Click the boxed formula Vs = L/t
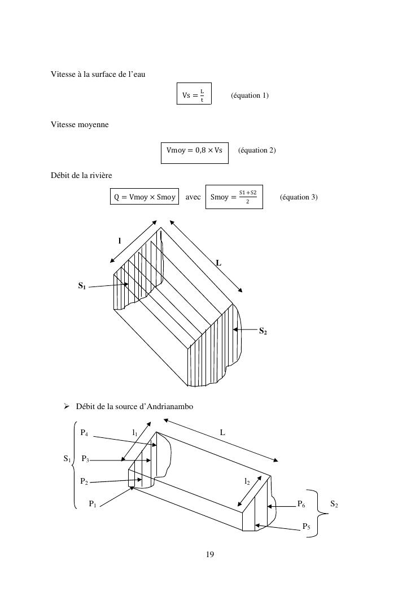point(194,93)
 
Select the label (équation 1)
point(250,95)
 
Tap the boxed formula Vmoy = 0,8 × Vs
point(194,153)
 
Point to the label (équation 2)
point(257,150)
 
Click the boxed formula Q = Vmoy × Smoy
point(145,197)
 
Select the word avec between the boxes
point(193,197)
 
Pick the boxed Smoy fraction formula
point(234,197)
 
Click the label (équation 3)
point(299,197)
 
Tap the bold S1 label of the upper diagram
point(82,286)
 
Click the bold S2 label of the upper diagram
point(263,331)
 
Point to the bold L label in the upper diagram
point(218,263)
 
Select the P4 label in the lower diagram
point(84,433)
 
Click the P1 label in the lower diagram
point(93,504)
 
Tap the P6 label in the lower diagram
point(301,504)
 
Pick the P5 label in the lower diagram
point(307,527)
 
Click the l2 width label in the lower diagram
point(247,481)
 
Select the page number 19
point(210,554)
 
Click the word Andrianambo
point(170,406)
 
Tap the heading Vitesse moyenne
point(80,125)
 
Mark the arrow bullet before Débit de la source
point(67,406)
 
